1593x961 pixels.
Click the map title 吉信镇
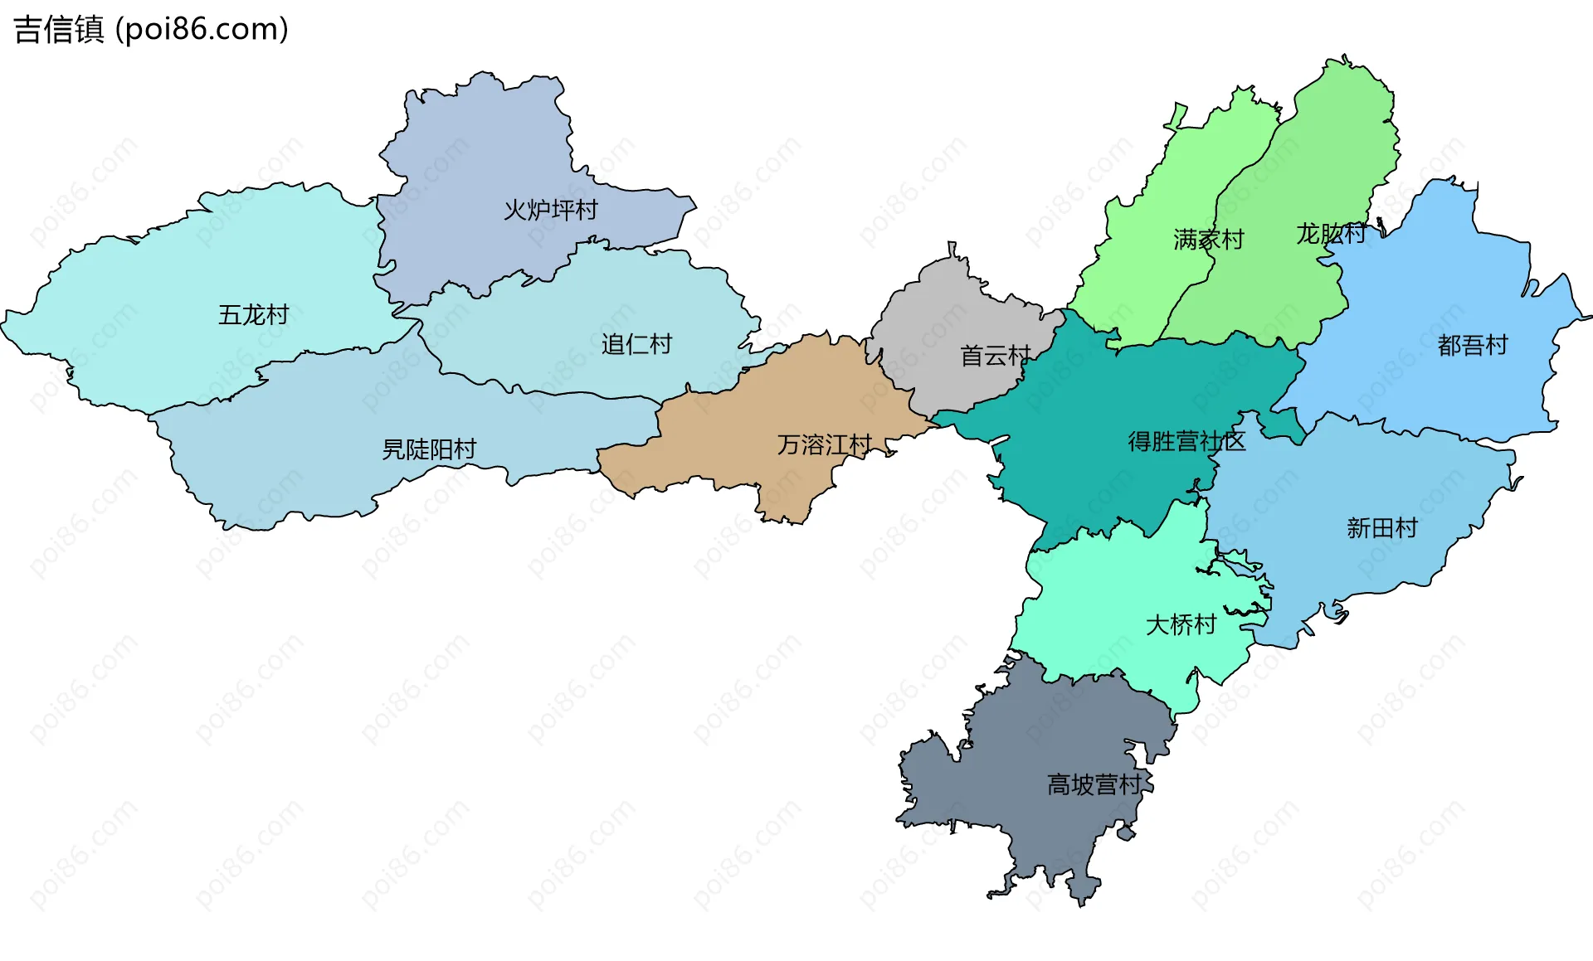tap(58, 29)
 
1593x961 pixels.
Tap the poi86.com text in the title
tap(202, 29)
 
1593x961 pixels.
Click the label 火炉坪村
tap(550, 210)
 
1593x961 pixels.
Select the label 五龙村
tap(253, 315)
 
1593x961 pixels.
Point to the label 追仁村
tap(636, 344)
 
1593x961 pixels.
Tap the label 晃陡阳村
tap(429, 449)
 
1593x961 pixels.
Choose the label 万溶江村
tap(824, 445)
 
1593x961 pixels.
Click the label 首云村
tap(995, 356)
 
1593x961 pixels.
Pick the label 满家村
tap(1208, 240)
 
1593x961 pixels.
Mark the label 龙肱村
tap(1331, 234)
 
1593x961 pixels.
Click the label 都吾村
tap(1472, 345)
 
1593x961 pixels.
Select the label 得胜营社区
tap(1186, 441)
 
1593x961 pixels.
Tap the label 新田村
tap(1381, 527)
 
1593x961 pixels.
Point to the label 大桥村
tap(1180, 624)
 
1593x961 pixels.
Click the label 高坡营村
tap(1094, 784)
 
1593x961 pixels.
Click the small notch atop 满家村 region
tap(1176, 116)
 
